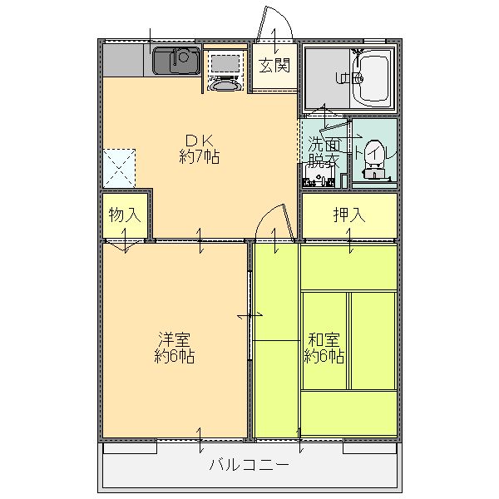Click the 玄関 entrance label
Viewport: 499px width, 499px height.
point(274,66)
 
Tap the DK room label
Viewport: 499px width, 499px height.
point(199,140)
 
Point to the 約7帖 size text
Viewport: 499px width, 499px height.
point(199,156)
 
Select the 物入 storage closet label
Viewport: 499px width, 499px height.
point(124,215)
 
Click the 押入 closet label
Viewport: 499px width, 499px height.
point(348,215)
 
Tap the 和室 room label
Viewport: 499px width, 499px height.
point(324,340)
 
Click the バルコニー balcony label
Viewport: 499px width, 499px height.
point(249,464)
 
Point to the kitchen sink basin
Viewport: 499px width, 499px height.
point(175,59)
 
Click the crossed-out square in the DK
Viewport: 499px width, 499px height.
point(119,167)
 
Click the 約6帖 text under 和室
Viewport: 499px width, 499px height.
point(324,357)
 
